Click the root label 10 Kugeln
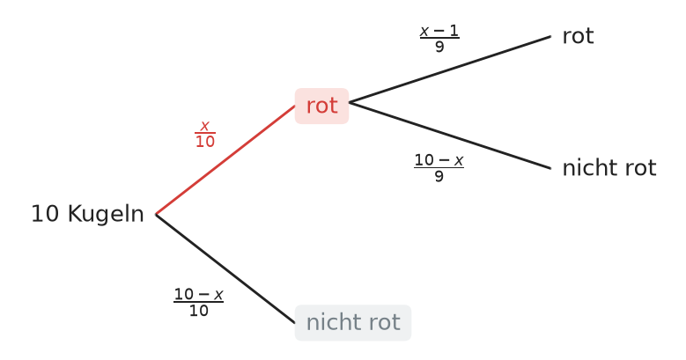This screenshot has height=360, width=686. pos(87,215)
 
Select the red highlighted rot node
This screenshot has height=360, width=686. pos(322,106)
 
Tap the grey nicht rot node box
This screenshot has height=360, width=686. pos(353,323)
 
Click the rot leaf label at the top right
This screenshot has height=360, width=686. pos(578,36)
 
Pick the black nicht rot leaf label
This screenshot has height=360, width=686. pos(609,168)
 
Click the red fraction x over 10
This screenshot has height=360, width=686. pos(205,134)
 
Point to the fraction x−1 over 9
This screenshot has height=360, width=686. pos(439,39)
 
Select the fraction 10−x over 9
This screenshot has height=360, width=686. pos(439,167)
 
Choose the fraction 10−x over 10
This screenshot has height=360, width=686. pos(199,302)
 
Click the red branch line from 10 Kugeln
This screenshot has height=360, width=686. pos(225,160)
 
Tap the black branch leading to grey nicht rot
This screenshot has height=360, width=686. pos(225,268)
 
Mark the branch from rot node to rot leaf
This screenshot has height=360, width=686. pos(450,70)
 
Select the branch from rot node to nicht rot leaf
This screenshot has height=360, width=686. pos(450,136)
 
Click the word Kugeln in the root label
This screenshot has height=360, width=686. pos(106,215)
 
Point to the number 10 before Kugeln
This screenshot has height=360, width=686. pos(45,215)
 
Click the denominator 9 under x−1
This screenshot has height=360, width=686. pos(439,47)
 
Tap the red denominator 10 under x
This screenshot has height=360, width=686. pos(205,142)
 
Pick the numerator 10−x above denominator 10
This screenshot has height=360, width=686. pos(199,294)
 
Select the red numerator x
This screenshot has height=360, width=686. pos(205,127)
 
